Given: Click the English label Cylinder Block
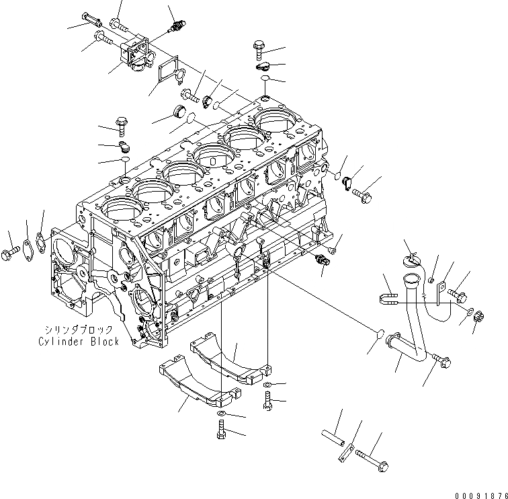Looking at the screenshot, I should (x=79, y=342).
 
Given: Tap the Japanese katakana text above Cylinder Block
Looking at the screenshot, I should (x=79, y=330).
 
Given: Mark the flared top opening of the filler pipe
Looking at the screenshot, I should (x=411, y=278).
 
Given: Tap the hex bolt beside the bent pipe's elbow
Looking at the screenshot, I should (x=440, y=360).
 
